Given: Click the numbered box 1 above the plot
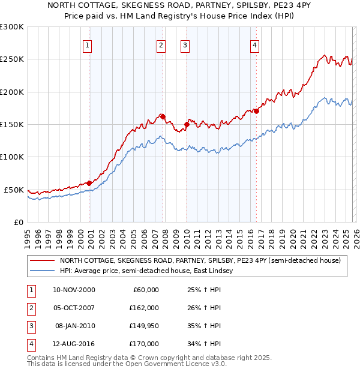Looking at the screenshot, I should [88, 45].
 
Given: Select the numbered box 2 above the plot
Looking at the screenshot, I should [161, 45].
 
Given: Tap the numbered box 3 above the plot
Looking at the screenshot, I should [185, 45].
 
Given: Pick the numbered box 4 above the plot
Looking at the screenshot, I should [255, 45].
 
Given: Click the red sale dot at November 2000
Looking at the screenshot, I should [89, 183].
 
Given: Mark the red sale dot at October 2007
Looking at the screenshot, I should [163, 116].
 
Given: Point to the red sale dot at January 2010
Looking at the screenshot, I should [187, 124].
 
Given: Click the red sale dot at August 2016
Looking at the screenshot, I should [257, 111].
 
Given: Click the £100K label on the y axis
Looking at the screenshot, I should [12, 157].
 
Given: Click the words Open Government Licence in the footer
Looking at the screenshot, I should [181, 364].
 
